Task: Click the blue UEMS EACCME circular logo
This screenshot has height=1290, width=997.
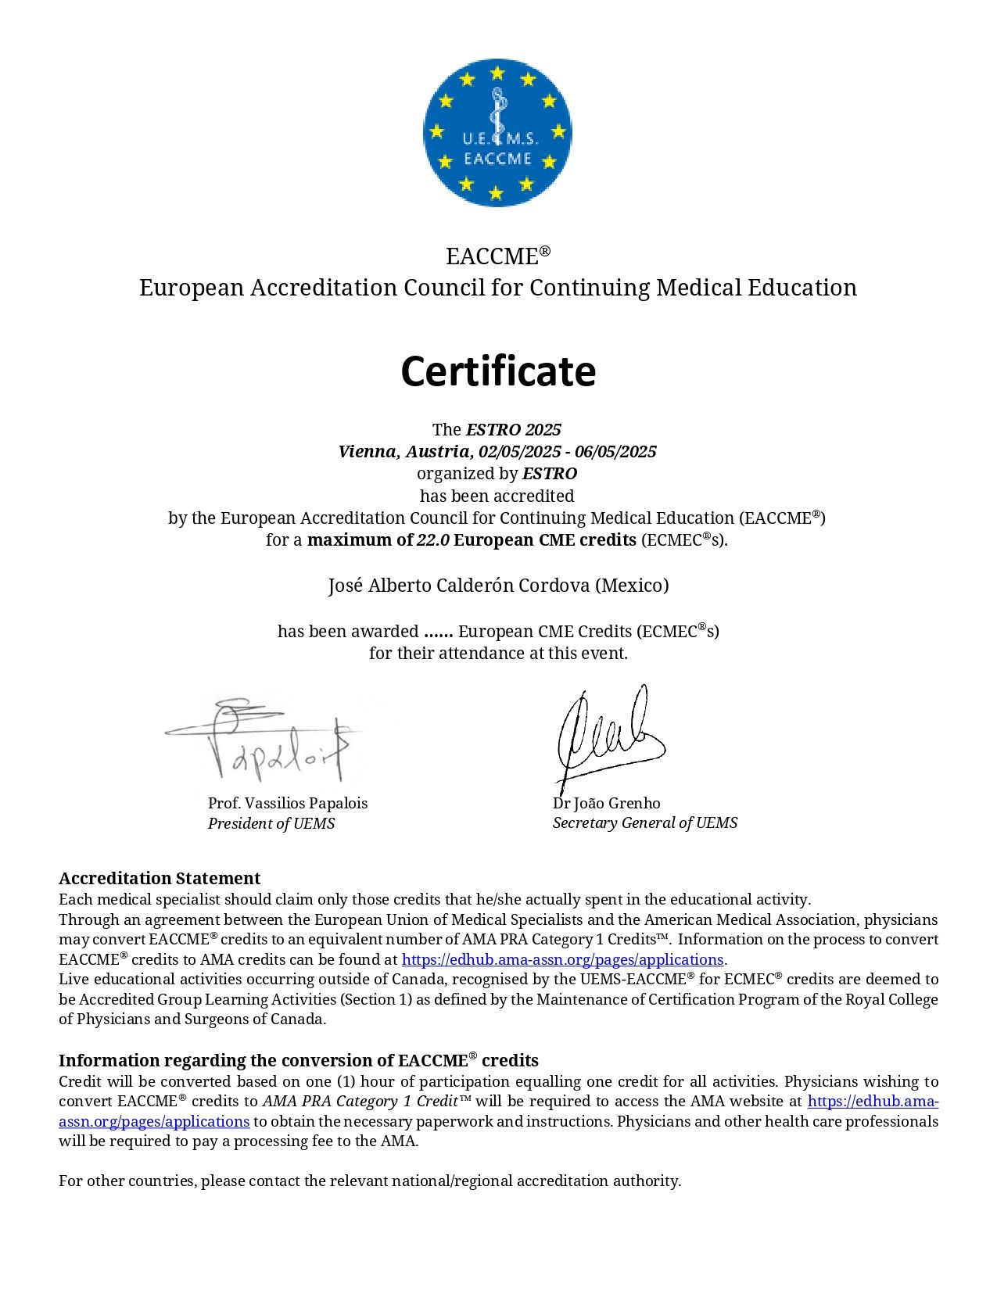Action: pyautogui.click(x=497, y=133)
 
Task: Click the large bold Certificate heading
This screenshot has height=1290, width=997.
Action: pyautogui.click(x=498, y=371)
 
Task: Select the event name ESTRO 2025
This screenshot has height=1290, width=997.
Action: pyautogui.click(x=514, y=429)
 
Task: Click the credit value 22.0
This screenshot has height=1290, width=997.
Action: pyautogui.click(x=433, y=540)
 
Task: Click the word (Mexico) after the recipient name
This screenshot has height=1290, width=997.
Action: pyautogui.click(x=633, y=586)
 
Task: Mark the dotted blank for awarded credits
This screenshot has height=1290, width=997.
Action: pyautogui.click(x=438, y=632)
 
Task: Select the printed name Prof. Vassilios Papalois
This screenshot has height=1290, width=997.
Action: pyautogui.click(x=288, y=804)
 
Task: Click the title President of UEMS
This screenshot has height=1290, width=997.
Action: pyautogui.click(x=271, y=824)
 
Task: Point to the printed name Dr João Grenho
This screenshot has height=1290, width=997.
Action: pyautogui.click(x=607, y=804)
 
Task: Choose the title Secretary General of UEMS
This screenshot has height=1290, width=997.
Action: pyautogui.click(x=645, y=823)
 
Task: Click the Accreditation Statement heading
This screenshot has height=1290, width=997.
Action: pyautogui.click(x=160, y=879)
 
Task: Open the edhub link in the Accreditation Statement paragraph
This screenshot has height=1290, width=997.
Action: pyautogui.click(x=562, y=959)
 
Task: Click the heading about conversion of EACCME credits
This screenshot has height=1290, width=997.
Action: pyautogui.click(x=299, y=1061)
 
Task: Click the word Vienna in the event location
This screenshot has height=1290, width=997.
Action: pyautogui.click(x=368, y=452)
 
